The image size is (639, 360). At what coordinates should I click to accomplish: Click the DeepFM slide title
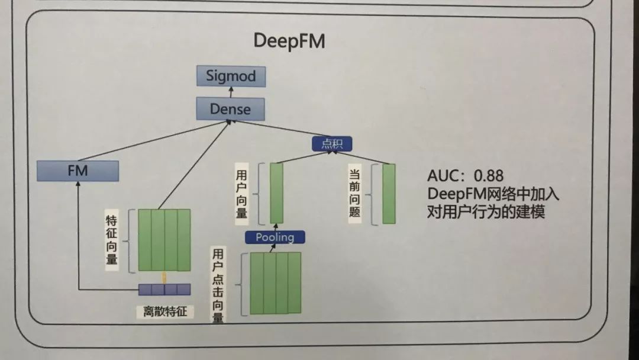pyautogui.click(x=289, y=41)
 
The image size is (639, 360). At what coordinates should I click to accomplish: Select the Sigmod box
pyautogui.click(x=231, y=76)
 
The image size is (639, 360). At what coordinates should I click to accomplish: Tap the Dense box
pyautogui.click(x=230, y=109)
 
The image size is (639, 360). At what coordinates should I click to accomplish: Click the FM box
pyautogui.click(x=78, y=171)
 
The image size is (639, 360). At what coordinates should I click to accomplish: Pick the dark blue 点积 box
pyautogui.click(x=332, y=143)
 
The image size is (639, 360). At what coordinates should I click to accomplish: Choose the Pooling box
pyautogui.click(x=275, y=237)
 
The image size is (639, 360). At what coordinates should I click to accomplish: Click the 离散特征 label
pyautogui.click(x=164, y=311)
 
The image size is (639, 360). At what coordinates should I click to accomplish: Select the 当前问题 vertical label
pyautogui.click(x=355, y=193)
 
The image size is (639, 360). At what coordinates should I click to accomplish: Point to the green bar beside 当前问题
pyautogui.click(x=388, y=194)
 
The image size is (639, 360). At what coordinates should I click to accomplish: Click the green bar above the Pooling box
pyautogui.click(x=276, y=193)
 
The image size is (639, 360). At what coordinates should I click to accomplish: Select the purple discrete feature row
pyautogui.click(x=164, y=290)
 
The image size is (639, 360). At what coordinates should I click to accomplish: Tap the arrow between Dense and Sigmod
pyautogui.click(x=231, y=92)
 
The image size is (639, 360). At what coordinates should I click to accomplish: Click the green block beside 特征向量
pyautogui.click(x=164, y=239)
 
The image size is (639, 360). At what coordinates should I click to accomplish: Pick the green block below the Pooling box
pyautogui.click(x=275, y=283)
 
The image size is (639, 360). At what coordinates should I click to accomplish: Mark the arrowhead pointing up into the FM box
pyautogui.click(x=78, y=185)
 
